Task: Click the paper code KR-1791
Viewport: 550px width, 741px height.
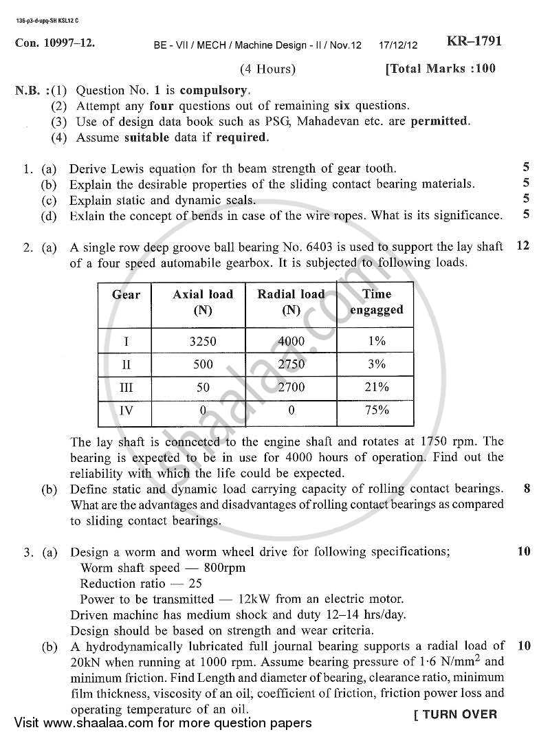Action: point(474,41)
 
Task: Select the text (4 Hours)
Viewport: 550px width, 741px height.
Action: point(268,69)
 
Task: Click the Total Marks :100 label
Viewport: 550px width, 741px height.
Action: point(441,69)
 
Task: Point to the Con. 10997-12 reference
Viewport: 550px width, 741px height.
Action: point(55,43)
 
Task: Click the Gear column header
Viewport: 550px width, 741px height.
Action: point(126,295)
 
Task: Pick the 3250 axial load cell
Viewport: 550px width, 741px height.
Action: point(203,341)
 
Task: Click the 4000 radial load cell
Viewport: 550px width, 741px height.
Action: point(291,341)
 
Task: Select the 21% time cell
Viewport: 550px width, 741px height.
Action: point(377,387)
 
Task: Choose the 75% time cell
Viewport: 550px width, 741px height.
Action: point(377,410)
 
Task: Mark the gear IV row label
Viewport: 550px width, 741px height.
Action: point(126,411)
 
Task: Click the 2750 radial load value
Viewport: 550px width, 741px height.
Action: point(291,364)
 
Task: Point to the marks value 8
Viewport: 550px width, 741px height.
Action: point(526,489)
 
